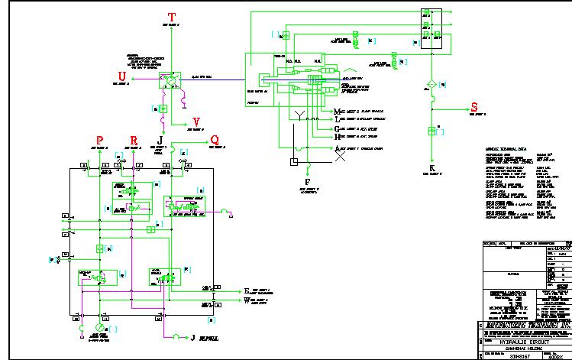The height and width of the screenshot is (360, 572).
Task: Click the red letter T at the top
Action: [x=172, y=16]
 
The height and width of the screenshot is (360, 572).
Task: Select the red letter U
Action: [x=121, y=75]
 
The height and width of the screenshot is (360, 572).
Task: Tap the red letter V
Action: [x=196, y=122]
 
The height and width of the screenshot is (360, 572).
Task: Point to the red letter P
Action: [x=100, y=139]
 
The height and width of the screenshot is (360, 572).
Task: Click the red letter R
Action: [x=134, y=139]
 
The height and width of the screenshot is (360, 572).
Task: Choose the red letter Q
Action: [x=215, y=140]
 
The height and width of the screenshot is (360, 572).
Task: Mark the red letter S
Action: [x=473, y=107]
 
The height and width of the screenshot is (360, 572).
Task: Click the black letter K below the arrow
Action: [x=431, y=167]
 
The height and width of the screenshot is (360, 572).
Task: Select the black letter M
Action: [x=338, y=112]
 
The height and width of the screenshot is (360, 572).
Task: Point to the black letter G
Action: [x=338, y=129]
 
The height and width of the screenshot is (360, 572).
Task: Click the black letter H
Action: [x=338, y=138]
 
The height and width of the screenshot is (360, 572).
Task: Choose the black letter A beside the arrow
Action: [x=338, y=148]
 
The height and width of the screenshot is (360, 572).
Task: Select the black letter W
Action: [x=247, y=300]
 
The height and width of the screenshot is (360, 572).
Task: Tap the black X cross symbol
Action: [x=341, y=161]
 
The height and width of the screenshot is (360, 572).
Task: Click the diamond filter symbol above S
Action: [x=431, y=83]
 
